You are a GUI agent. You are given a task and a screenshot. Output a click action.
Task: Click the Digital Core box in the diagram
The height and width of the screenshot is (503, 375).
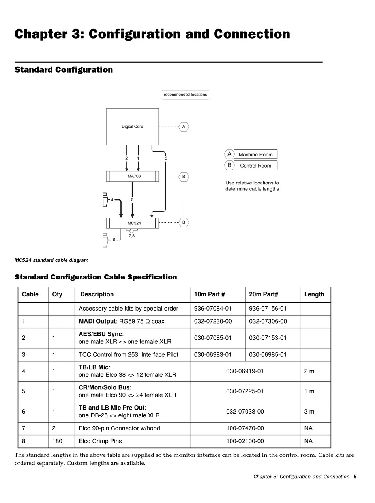[x=132, y=127]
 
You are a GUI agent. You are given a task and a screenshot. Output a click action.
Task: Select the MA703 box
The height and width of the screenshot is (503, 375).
[x=134, y=176]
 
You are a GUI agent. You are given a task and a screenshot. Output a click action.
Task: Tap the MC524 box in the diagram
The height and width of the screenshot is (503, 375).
[x=134, y=223]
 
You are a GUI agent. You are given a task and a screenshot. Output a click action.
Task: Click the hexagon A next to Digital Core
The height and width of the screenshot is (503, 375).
[x=184, y=127]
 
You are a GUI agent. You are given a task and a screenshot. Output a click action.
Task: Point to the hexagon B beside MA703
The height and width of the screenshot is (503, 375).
[x=184, y=177]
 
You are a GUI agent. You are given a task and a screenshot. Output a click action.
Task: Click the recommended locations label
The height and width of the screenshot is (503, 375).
[x=185, y=95]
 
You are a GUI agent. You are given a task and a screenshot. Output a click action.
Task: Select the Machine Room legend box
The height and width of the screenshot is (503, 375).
[x=255, y=155]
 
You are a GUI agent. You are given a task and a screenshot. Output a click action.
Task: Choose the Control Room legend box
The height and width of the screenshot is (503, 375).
[x=255, y=166]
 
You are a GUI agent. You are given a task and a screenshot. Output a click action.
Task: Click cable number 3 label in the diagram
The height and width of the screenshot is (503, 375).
[x=166, y=158]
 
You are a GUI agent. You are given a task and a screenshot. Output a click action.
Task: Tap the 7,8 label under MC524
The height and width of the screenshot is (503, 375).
[x=131, y=236]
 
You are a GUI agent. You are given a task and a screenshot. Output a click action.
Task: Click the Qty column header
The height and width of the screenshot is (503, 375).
[x=57, y=294]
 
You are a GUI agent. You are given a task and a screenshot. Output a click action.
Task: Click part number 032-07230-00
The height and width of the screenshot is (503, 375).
[x=213, y=321]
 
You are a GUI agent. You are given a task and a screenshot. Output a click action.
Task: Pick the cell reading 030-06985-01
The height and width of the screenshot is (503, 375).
[x=268, y=354]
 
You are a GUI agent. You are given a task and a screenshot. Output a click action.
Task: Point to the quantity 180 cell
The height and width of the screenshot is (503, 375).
[x=57, y=441]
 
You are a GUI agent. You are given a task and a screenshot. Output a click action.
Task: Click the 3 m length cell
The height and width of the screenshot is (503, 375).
[x=309, y=412]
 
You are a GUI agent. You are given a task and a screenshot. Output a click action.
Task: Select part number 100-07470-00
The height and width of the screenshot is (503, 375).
[x=245, y=428]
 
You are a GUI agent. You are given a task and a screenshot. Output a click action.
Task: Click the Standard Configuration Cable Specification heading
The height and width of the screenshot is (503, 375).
[x=96, y=277]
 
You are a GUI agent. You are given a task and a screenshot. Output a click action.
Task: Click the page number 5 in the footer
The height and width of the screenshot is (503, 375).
[x=355, y=477]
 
